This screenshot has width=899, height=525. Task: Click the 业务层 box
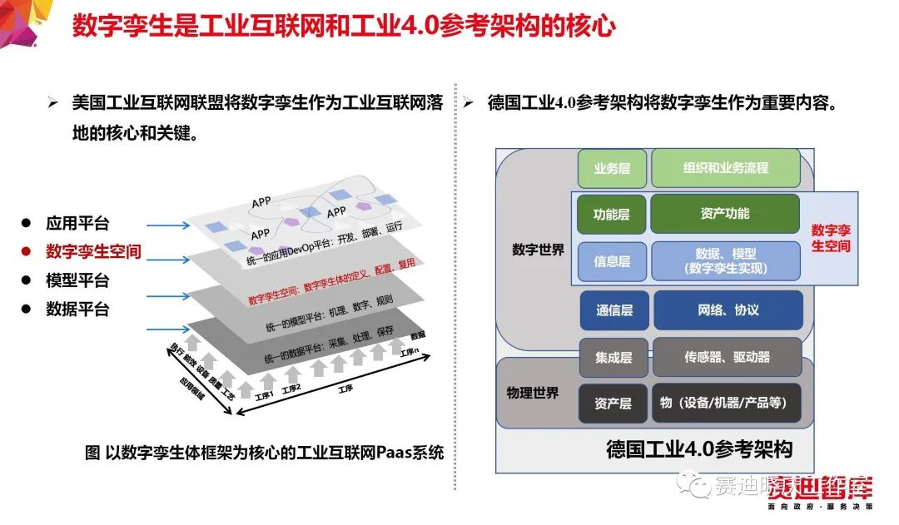[612, 168]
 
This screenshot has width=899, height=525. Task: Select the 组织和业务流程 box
[726, 168]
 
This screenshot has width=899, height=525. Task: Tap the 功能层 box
[612, 215]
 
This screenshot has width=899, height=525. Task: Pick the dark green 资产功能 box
[725, 214]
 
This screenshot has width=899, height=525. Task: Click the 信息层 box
[612, 261]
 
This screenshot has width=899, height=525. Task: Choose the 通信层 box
[615, 310]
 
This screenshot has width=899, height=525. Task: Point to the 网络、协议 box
[728, 310]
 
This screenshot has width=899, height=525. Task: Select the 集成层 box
[613, 358]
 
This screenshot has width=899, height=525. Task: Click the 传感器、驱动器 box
[728, 358]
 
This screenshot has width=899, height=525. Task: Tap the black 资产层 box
[613, 404]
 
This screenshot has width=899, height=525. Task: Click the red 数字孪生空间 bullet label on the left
[93, 251]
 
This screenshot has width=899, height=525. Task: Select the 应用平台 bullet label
[77, 223]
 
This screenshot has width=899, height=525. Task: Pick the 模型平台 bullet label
[77, 280]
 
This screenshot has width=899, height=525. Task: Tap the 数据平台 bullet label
[77, 310]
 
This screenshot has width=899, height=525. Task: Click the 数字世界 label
[539, 250]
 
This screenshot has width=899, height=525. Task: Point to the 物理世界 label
[533, 393]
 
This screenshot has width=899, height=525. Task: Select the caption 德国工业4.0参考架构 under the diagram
[699, 450]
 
